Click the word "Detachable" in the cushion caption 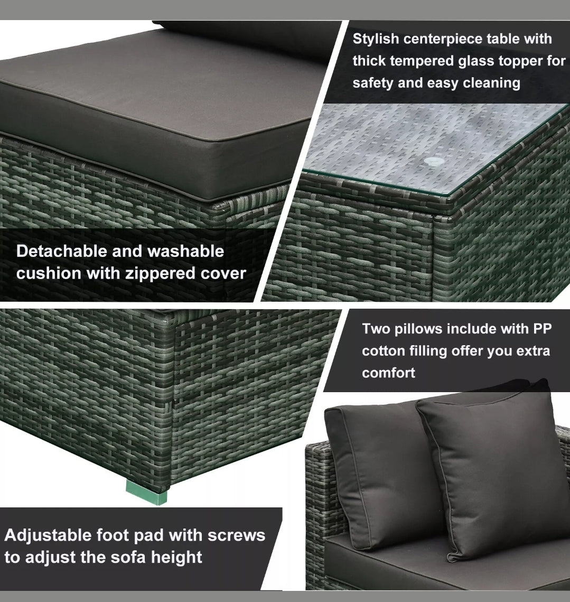tap(61, 251)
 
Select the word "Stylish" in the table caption tap(376, 39)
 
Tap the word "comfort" tap(388, 373)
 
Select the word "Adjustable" tap(49, 535)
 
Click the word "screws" tap(237, 535)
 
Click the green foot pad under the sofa tap(147, 492)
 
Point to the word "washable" tap(185, 251)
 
